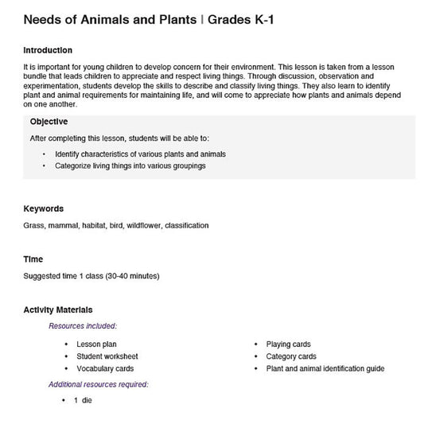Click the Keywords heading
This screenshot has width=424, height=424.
point(44,209)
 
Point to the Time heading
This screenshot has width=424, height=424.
point(33,259)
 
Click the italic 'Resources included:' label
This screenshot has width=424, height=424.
point(83,326)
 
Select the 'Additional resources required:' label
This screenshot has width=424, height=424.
point(98,384)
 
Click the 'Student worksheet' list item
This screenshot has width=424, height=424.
point(107,356)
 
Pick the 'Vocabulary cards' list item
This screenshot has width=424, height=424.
point(105,369)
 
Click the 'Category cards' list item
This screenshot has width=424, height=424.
point(291,356)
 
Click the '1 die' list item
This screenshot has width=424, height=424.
point(83,401)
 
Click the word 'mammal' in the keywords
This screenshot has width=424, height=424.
point(62,226)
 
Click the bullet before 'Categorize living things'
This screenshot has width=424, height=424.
point(44,166)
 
